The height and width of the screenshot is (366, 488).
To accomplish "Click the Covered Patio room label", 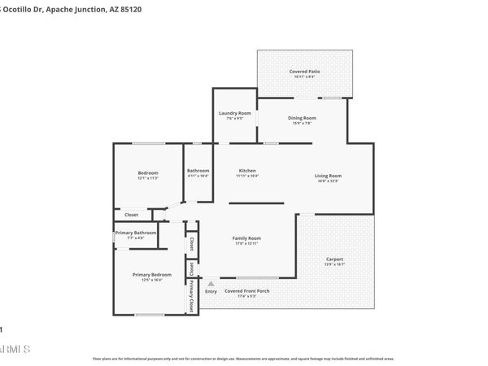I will click(304, 72).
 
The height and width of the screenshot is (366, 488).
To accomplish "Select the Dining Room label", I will click(302, 118).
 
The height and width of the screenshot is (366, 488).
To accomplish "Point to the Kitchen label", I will click(247, 172).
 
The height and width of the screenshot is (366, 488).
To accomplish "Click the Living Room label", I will click(328, 176).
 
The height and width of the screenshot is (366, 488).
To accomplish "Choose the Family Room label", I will click(246, 237).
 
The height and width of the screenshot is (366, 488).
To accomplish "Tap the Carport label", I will click(334, 259).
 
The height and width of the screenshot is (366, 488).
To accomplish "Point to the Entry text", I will click(211, 290).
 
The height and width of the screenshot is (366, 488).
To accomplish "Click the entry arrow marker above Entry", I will click(211, 281).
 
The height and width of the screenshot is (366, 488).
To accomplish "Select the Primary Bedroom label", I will click(152, 275).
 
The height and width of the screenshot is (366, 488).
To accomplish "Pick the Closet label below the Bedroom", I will click(131, 215).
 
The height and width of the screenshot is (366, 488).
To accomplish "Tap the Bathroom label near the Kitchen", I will click(198, 171).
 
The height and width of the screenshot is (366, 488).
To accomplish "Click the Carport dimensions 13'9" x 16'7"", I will click(334, 264).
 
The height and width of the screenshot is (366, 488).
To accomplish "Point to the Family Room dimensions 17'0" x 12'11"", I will click(246, 243).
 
